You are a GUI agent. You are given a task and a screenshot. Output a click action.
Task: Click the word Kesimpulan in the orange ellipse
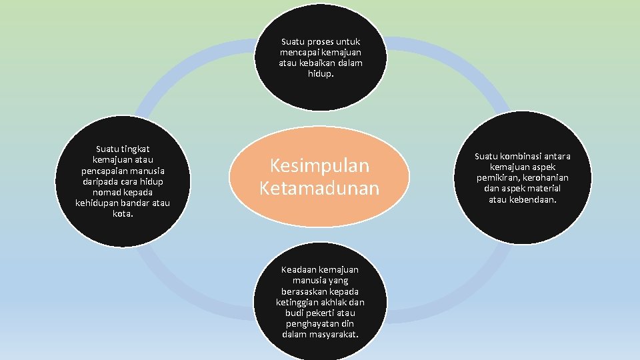pyautogui.click(x=319, y=167)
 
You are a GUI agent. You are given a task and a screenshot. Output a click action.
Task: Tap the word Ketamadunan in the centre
pyautogui.click(x=319, y=189)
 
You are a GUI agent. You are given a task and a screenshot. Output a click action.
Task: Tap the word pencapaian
pyautogui.click(x=100, y=171)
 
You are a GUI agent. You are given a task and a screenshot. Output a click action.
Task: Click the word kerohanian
pyautogui.click(x=545, y=178)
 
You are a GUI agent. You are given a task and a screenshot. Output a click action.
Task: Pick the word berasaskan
pyautogui.click(x=300, y=291)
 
